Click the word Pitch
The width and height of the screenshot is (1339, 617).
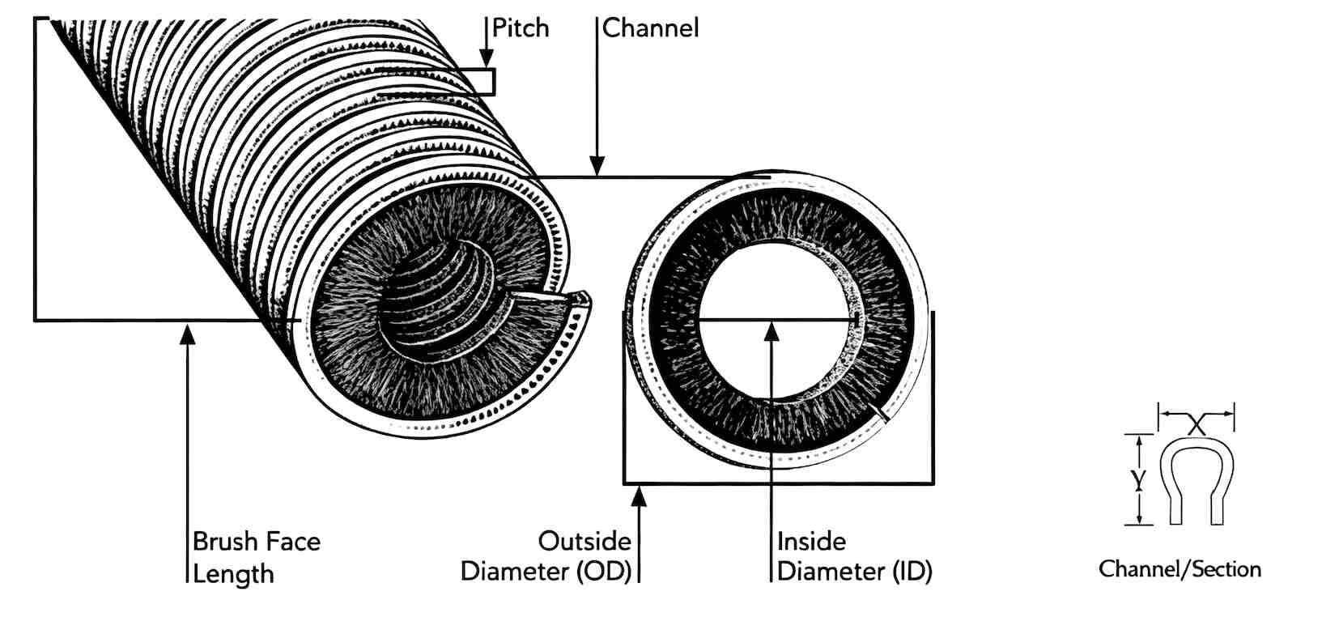coord(520,28)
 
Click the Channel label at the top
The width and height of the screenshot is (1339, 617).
coord(650,28)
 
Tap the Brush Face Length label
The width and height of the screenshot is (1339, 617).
coord(257,558)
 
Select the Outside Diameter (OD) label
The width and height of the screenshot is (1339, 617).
coord(546,556)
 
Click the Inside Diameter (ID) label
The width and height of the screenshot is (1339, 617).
coord(855,556)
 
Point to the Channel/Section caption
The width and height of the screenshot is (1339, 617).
coord(1180,569)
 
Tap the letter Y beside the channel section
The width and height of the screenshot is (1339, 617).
coord(1139,479)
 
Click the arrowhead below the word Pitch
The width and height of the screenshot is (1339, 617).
coord(487,58)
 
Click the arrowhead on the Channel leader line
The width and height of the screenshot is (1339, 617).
coord(597,166)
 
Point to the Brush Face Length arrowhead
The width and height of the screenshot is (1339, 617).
coord(188,334)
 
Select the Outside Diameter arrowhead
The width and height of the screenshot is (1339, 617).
coord(639,496)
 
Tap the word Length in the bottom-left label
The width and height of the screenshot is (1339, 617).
coord(233,574)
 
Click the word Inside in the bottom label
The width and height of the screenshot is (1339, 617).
coord(811,542)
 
